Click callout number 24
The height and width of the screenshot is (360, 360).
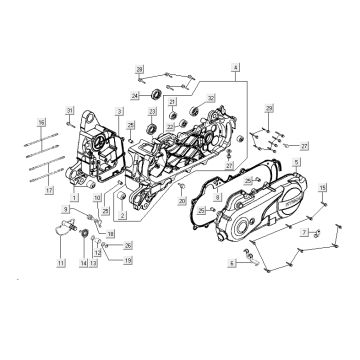[135, 96]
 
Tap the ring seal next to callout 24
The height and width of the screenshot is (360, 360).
[155, 95]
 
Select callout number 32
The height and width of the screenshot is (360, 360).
[211, 97]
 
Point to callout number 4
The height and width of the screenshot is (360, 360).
[236, 67]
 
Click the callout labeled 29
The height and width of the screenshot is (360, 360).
[268, 107]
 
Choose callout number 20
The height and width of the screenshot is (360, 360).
[182, 201]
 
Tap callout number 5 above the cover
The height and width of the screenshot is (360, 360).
[295, 159]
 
